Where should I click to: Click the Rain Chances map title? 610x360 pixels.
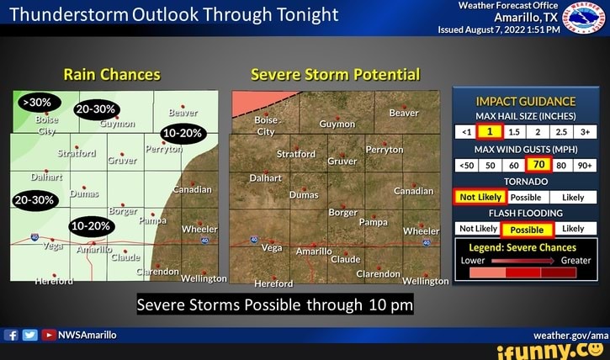[112, 74]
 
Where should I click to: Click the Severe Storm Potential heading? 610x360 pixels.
[335, 74]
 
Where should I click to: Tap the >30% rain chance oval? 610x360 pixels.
[38, 103]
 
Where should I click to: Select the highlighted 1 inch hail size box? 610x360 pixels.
[489, 131]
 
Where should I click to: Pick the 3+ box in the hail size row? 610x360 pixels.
[582, 131]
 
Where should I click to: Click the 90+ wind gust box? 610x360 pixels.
[582, 165]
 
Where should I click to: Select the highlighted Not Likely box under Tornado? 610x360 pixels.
[479, 197]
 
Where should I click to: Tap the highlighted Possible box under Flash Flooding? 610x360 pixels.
[527, 229]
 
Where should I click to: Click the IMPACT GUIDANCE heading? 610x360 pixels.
[524, 101]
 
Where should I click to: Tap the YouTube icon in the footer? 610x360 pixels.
[49, 335]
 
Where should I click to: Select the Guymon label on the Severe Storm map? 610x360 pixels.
[337, 124]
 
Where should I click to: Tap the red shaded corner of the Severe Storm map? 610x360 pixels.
[251, 101]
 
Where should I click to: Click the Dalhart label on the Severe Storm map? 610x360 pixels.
[266, 178]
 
